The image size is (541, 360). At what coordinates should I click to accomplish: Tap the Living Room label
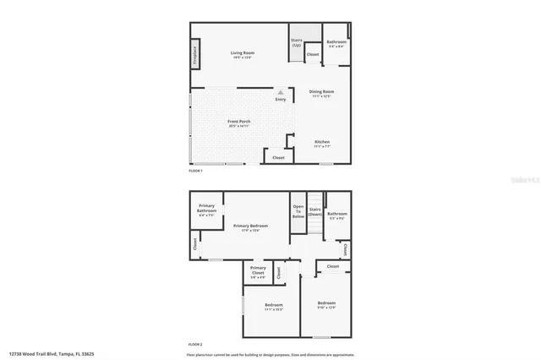(243, 53)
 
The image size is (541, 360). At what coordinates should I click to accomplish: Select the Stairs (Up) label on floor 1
(297, 42)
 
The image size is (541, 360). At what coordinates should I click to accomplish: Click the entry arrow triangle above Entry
(281, 92)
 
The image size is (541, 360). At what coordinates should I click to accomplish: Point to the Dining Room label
(321, 91)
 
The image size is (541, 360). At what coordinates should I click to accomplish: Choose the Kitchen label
(322, 141)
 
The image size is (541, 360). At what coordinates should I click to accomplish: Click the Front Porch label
(239, 122)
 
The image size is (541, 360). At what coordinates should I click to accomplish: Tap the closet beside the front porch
(278, 157)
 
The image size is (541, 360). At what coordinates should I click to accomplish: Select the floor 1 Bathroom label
(337, 41)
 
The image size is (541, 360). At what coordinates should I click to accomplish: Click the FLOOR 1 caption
(196, 171)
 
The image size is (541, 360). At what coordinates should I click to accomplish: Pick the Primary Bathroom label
(207, 209)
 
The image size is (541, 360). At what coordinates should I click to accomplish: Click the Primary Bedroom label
(251, 226)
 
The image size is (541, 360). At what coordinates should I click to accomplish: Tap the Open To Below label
(298, 211)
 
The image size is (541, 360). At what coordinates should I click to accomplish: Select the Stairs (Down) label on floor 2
(315, 211)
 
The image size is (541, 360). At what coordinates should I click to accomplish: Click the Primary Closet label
(258, 270)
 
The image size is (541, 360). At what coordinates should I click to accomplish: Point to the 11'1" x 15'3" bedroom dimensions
(274, 309)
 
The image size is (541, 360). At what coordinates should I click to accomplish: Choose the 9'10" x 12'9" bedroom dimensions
(327, 308)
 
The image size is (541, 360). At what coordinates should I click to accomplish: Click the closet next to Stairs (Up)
(313, 55)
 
